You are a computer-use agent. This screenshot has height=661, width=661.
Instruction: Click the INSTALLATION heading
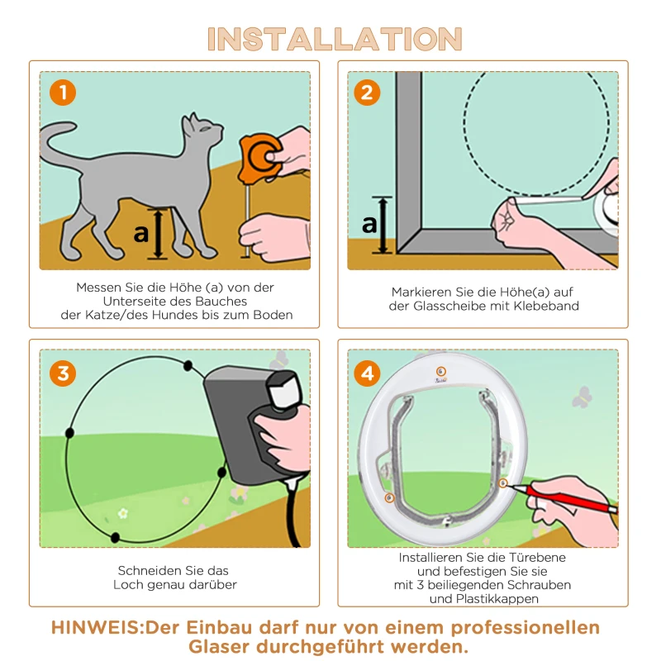[335, 39]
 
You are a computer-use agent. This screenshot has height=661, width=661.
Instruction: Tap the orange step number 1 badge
[62, 92]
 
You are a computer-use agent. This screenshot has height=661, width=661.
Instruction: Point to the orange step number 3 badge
[62, 373]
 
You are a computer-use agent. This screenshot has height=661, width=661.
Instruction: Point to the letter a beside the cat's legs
[141, 234]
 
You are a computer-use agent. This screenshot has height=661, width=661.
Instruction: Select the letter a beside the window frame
[369, 223]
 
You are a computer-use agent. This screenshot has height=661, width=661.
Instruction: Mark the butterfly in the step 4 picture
[583, 397]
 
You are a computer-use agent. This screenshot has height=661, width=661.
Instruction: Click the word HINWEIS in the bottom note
[97, 627]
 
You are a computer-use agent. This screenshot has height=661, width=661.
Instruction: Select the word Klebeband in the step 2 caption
[548, 306]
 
